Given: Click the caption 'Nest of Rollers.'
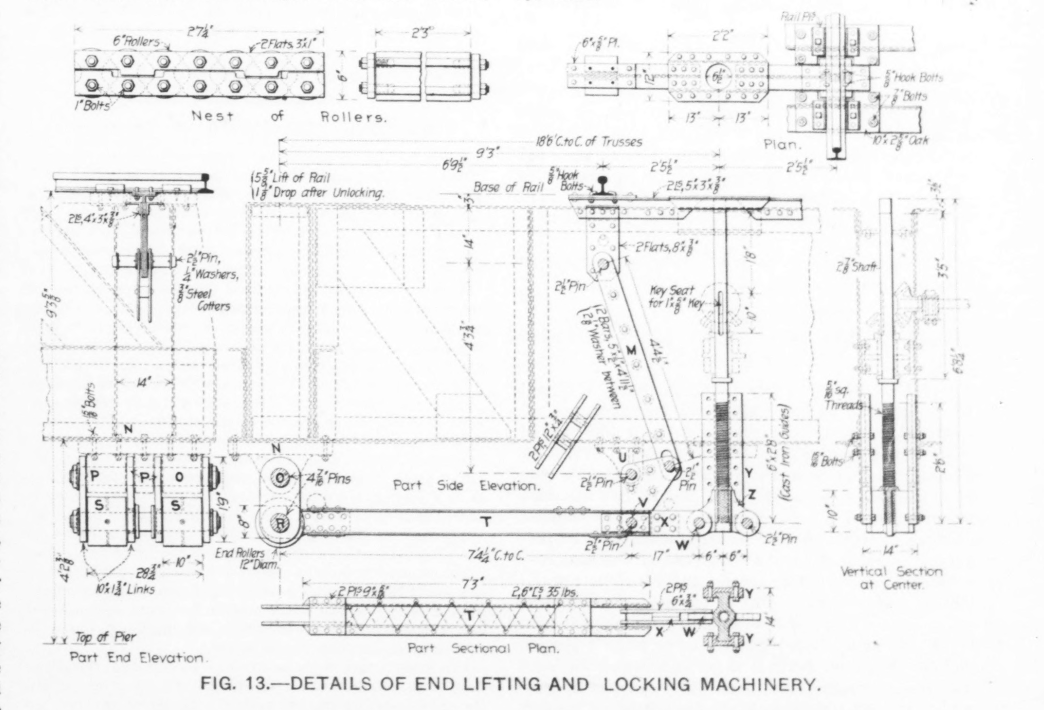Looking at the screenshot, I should click(x=289, y=117).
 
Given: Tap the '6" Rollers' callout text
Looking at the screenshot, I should click(x=136, y=41).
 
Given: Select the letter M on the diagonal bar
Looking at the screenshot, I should click(x=631, y=351).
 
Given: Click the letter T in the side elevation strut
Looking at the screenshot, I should click(x=485, y=522).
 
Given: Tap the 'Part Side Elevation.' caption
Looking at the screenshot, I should click(x=466, y=486).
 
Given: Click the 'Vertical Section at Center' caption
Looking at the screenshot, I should click(x=891, y=578).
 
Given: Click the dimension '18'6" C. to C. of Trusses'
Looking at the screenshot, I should click(x=589, y=142).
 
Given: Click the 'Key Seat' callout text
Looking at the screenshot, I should click(x=672, y=291).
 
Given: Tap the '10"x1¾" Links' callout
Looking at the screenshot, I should click(x=124, y=590).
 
